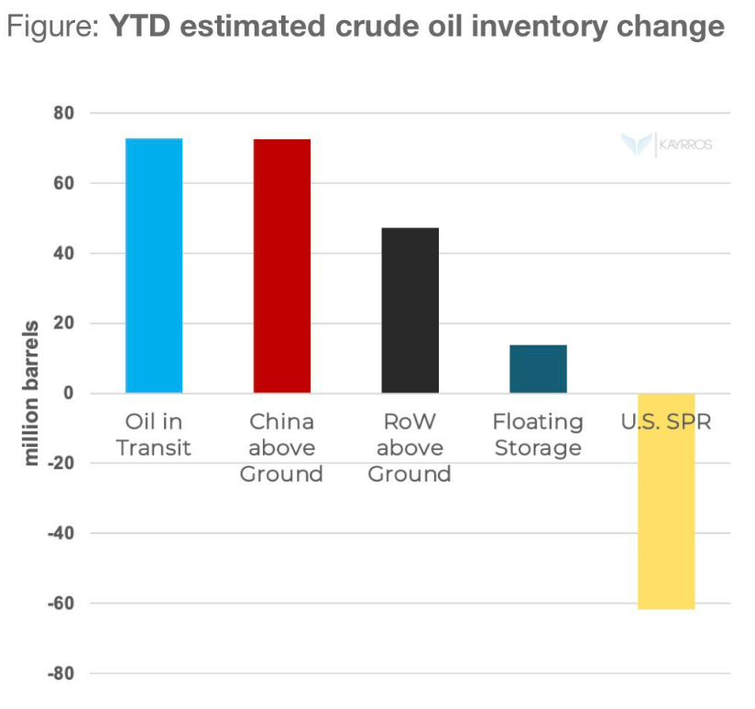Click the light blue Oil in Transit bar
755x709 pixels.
tap(154, 266)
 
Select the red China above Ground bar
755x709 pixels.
tap(282, 266)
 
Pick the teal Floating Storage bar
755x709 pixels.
tap(539, 368)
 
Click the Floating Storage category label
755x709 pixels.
tap(538, 435)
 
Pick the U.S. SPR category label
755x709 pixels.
tap(667, 422)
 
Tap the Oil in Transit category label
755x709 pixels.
tap(153, 435)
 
